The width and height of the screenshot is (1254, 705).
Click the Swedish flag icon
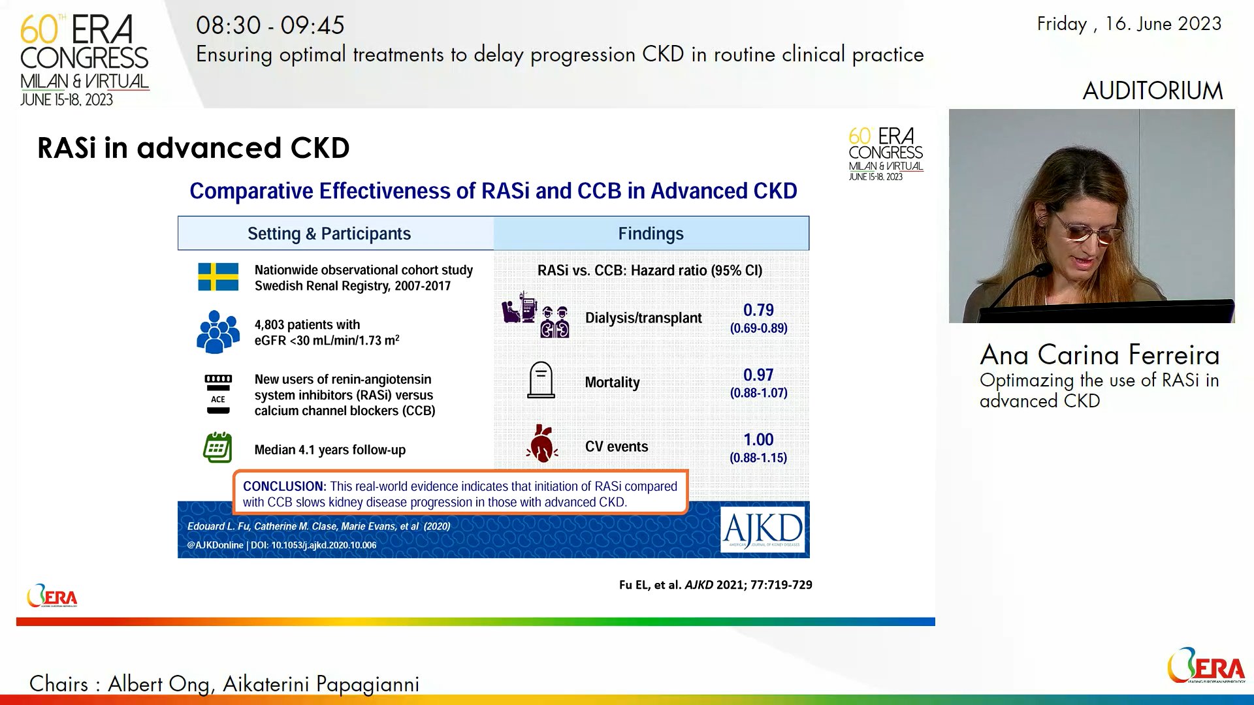pyautogui.click(x=218, y=277)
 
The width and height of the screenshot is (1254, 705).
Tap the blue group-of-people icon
pyautogui.click(x=217, y=332)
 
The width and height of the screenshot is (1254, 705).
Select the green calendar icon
pyautogui.click(x=217, y=448)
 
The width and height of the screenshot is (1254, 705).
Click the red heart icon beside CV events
pyautogui.click(x=541, y=444)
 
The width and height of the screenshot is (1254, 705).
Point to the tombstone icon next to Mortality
pyautogui.click(x=541, y=380)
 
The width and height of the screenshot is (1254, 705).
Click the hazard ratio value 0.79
pyautogui.click(x=758, y=310)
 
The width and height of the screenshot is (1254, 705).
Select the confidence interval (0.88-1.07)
pyautogui.click(x=758, y=393)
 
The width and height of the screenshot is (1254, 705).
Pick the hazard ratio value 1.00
pyautogui.click(x=758, y=440)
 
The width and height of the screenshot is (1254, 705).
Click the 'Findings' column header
pyautogui.click(x=651, y=234)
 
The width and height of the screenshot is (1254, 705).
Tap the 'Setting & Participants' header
pyautogui.click(x=329, y=234)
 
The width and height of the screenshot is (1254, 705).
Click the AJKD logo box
pyautogui.click(x=763, y=529)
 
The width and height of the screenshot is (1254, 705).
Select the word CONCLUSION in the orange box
pyautogui.click(x=283, y=486)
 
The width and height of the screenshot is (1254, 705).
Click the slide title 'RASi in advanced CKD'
pyautogui.click(x=193, y=148)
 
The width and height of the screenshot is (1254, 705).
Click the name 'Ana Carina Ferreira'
pyautogui.click(x=1099, y=355)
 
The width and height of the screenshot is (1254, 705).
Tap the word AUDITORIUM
pyautogui.click(x=1152, y=91)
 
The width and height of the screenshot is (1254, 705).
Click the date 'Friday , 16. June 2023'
pyautogui.click(x=1129, y=24)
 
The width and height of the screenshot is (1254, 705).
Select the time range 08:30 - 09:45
pyautogui.click(x=270, y=25)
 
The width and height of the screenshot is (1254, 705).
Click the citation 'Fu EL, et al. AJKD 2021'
pyautogui.click(x=715, y=585)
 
